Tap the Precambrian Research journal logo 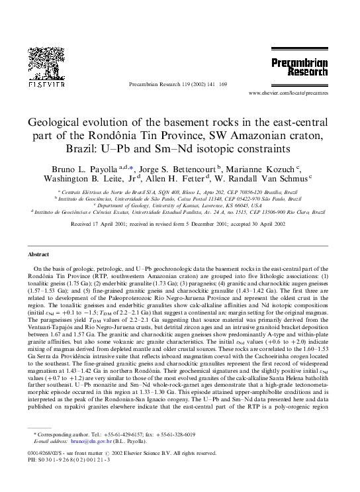[x=299, y=67]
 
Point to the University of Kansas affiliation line [x=180, y=205]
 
